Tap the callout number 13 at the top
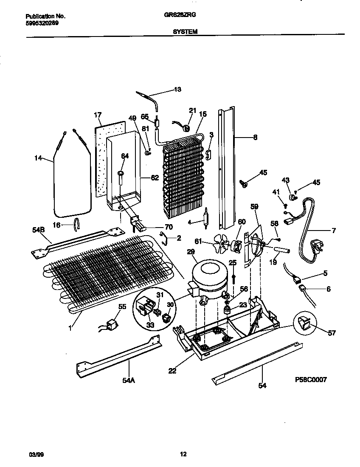pyautogui.click(x=177, y=90)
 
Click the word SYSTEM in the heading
pyautogui.click(x=185, y=31)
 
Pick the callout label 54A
pyautogui.click(x=129, y=380)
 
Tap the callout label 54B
pyautogui.click(x=38, y=230)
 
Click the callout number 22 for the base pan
pyautogui.click(x=172, y=371)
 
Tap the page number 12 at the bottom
pyautogui.click(x=183, y=454)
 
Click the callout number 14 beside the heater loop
pyautogui.click(x=38, y=158)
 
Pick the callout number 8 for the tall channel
pyautogui.click(x=254, y=137)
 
